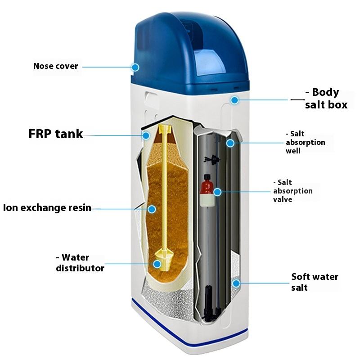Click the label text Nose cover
[x=55, y=67]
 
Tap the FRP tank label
[x=56, y=134]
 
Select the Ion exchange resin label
[x=47, y=208]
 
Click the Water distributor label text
[x=80, y=263]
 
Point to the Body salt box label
[x=326, y=99]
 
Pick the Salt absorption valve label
[x=292, y=191]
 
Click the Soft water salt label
[x=314, y=282]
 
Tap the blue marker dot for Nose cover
[x=135, y=67]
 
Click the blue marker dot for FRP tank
[x=146, y=135]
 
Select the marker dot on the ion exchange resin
[x=152, y=209]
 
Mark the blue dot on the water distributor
[x=157, y=264]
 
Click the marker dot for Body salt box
[x=234, y=100]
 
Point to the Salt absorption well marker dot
[x=230, y=143]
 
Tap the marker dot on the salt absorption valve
[x=217, y=192]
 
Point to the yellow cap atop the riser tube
[x=165, y=131]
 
